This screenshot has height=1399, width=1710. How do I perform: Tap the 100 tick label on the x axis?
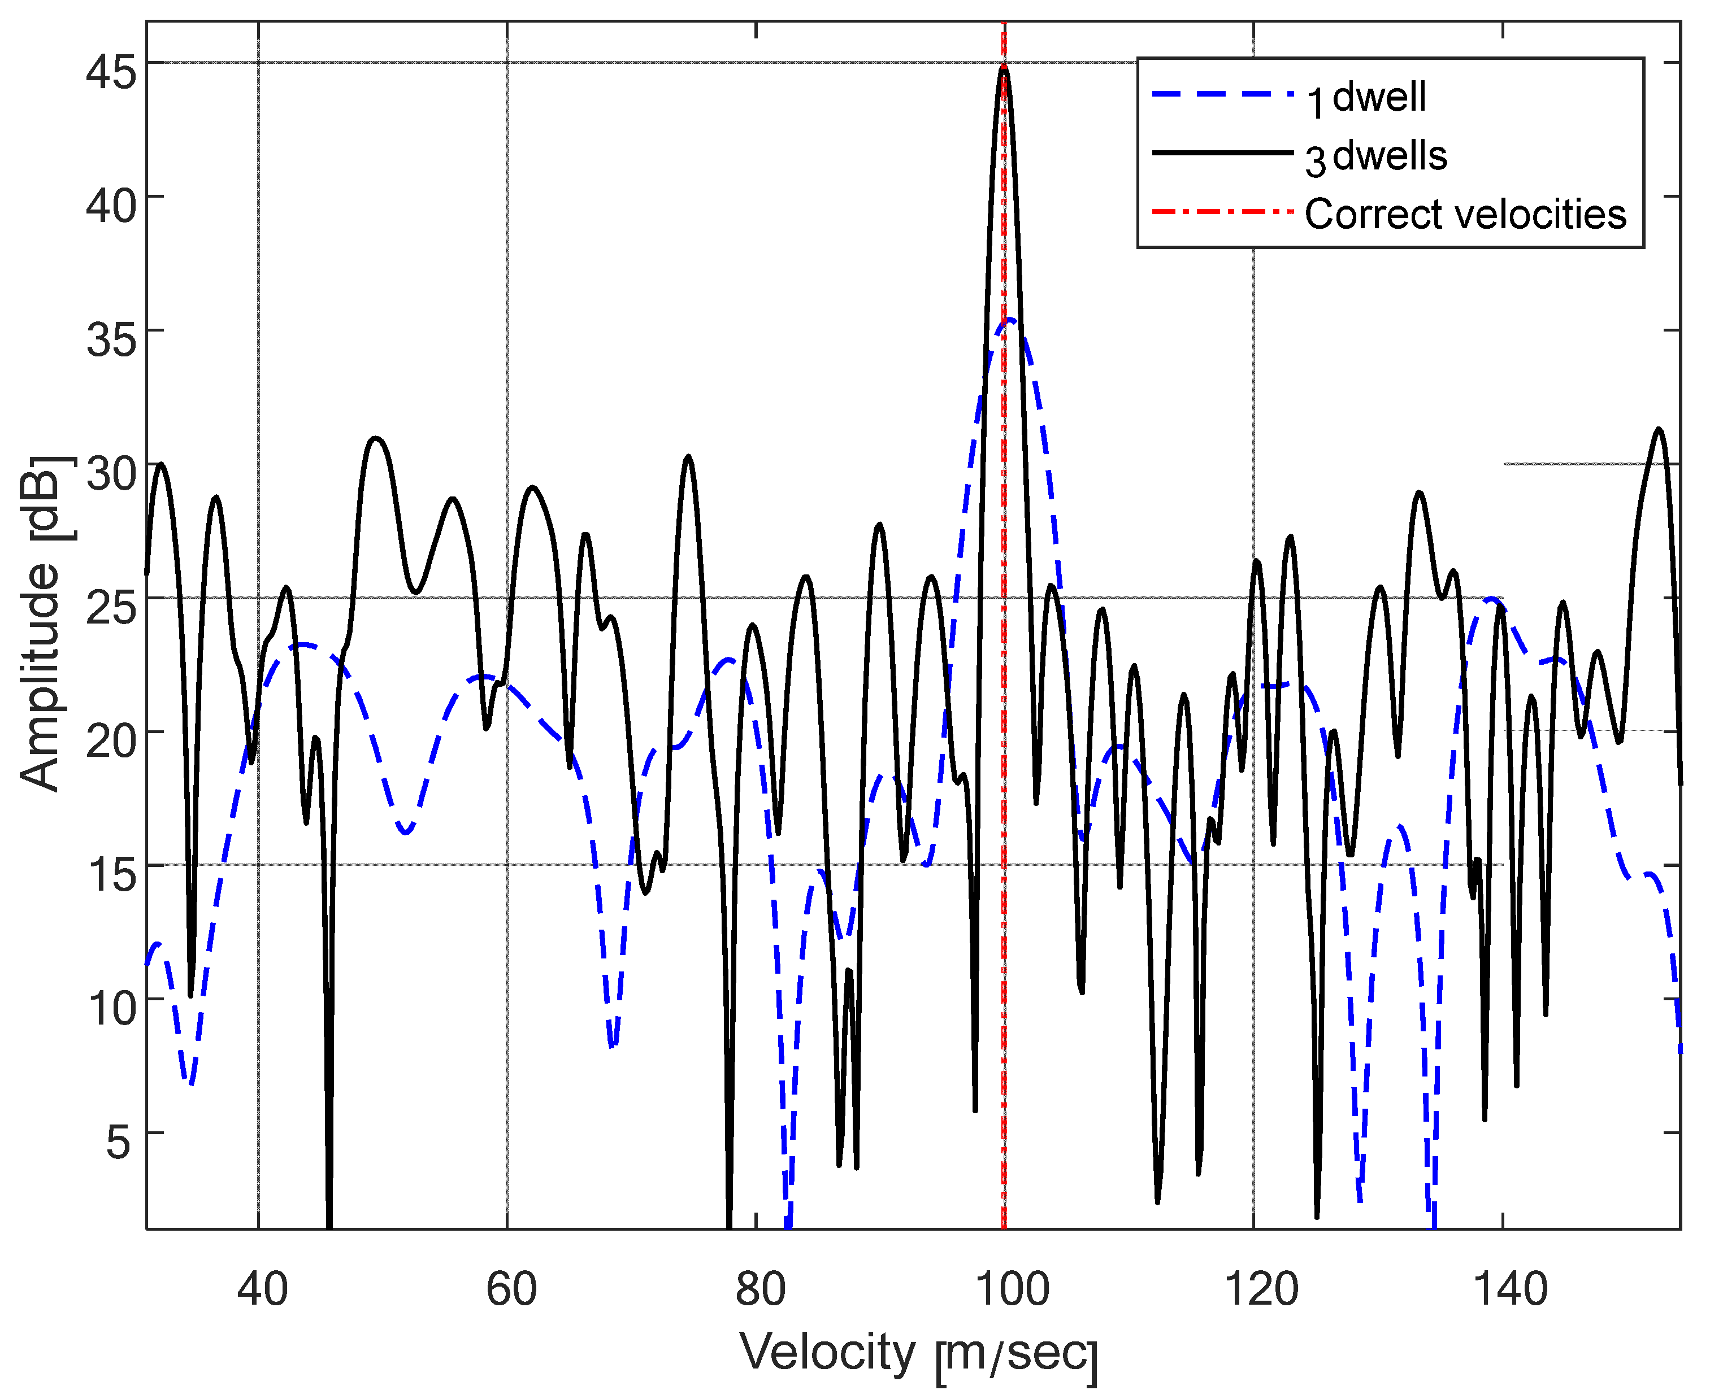(x=1012, y=1289)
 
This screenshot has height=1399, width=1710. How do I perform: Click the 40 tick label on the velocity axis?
(x=262, y=1289)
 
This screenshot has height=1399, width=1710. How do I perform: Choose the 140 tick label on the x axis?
(x=1510, y=1289)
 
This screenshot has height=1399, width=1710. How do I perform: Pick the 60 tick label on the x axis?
(x=511, y=1289)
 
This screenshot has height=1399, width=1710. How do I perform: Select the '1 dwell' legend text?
(x=1366, y=98)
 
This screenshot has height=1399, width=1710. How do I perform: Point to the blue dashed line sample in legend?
(x=1221, y=94)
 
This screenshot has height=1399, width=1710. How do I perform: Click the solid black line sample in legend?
(x=1221, y=152)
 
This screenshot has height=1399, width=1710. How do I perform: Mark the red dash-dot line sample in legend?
(x=1221, y=211)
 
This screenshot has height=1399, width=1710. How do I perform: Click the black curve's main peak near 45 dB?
(x=1004, y=69)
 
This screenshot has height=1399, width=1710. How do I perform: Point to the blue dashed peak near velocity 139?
(x=1492, y=599)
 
